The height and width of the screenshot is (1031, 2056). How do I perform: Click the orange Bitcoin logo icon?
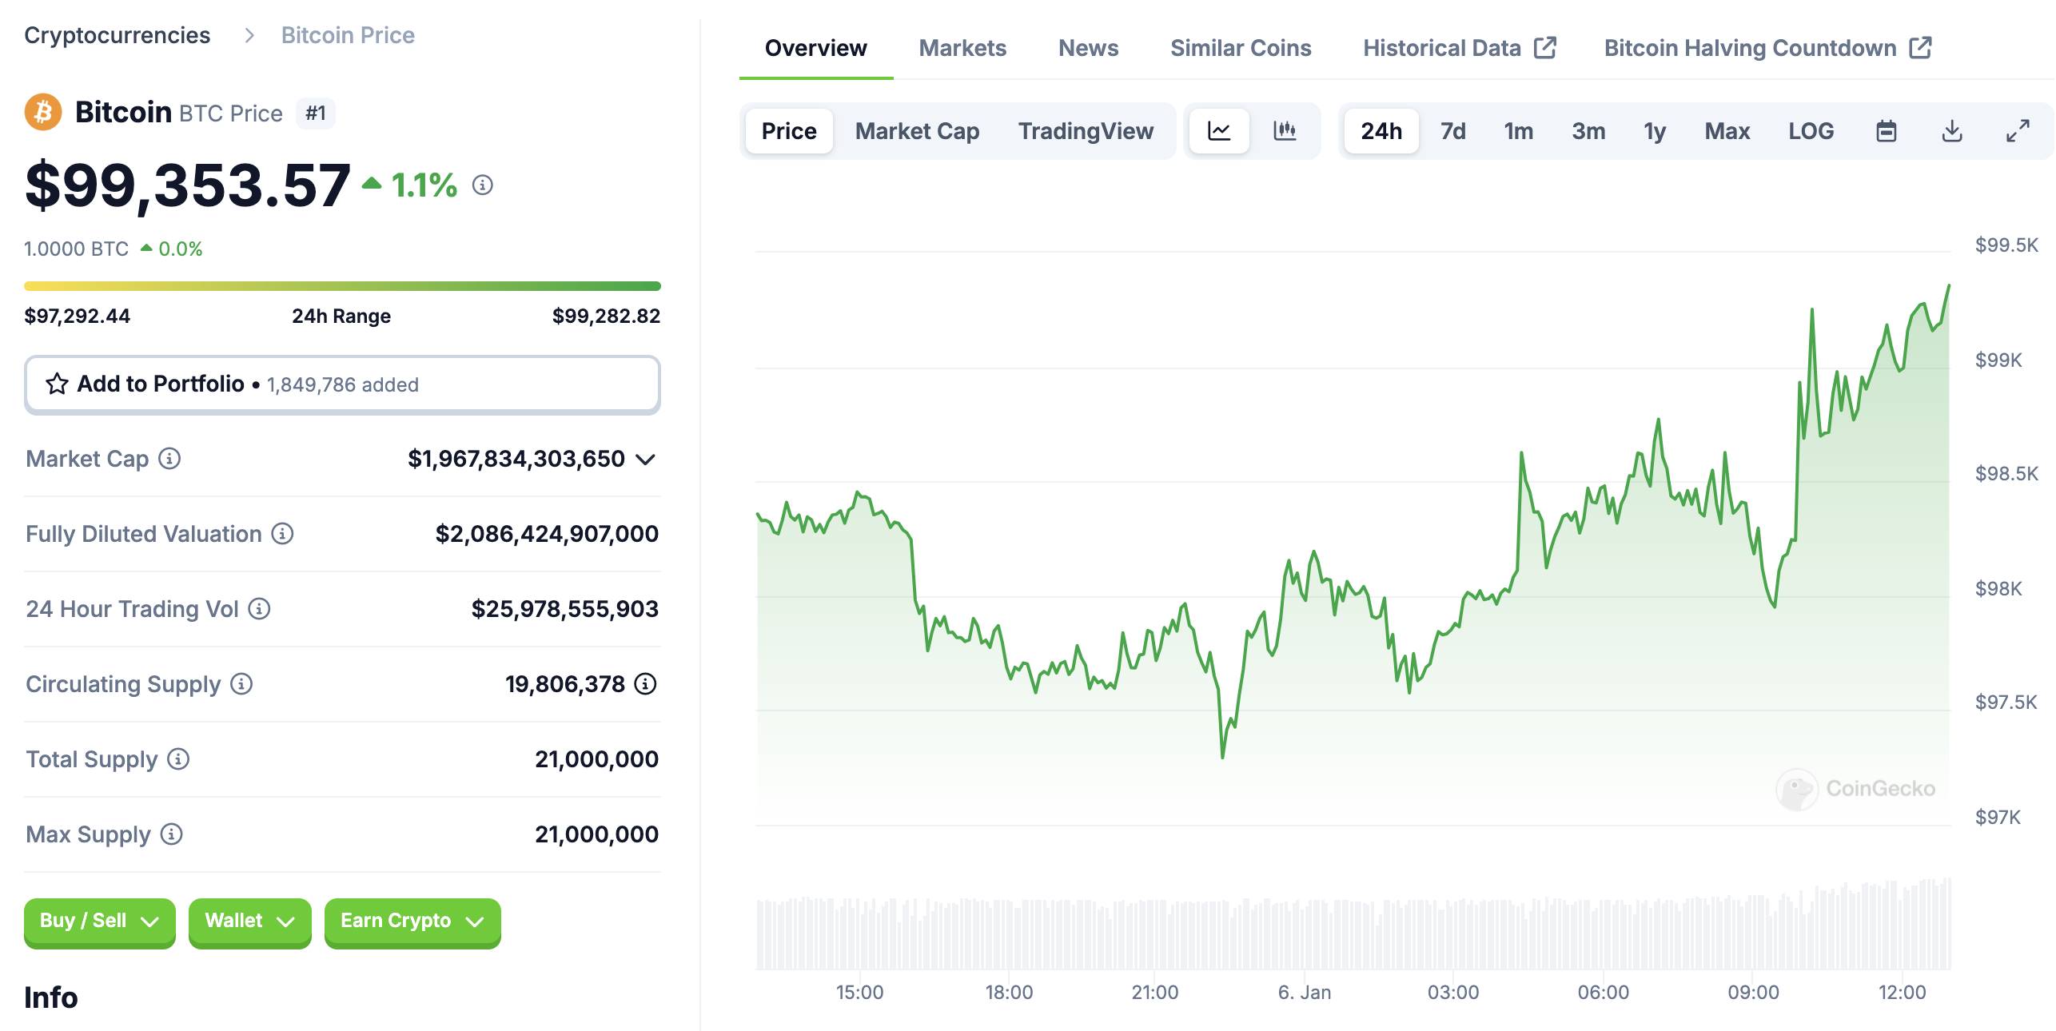coord(43,112)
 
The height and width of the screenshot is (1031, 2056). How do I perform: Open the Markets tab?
coord(962,48)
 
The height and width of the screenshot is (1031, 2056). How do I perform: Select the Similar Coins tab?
coord(1241,48)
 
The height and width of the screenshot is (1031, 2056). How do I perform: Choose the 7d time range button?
coord(1453,131)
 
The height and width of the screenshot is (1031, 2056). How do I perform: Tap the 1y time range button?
coord(1655,131)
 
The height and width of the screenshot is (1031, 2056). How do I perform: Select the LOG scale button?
coord(1811,131)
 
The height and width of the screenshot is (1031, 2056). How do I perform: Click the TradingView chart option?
coord(1086,131)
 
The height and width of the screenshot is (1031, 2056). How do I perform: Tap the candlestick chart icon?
coord(1285,130)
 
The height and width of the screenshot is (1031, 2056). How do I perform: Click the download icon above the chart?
coord(1952,131)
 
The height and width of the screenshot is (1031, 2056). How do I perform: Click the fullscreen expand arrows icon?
coord(2018,131)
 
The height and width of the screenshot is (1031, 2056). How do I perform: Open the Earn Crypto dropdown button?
coord(412,922)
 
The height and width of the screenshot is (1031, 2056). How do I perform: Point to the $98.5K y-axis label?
coord(2006,473)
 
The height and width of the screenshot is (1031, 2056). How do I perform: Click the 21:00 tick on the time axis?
coord(1154,992)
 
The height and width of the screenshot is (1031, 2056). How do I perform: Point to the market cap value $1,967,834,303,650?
coord(516,459)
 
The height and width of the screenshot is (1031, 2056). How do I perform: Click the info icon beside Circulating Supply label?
coord(241,684)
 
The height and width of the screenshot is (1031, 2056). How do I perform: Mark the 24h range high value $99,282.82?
coord(606,316)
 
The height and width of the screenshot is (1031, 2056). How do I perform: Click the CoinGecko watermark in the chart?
coord(1855,789)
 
